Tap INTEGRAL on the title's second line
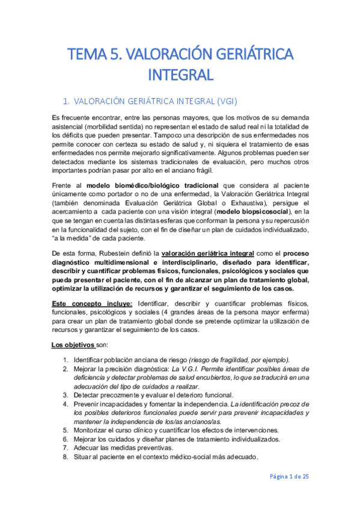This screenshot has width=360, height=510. tap(180, 76)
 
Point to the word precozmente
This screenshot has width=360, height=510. tap(120, 395)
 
